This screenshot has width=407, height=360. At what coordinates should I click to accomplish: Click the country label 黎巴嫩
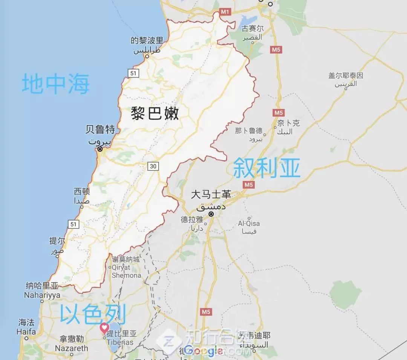click(x=155, y=113)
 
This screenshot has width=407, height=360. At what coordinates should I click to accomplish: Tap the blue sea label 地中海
click(x=56, y=84)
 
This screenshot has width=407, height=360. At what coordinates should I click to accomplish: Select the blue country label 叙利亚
click(x=267, y=168)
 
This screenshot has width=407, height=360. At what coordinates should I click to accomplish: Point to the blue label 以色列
click(x=93, y=315)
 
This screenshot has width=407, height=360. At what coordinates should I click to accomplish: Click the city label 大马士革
click(x=211, y=195)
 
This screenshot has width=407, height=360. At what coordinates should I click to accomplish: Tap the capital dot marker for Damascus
click(x=211, y=214)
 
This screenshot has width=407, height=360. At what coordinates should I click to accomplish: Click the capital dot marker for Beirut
click(x=100, y=149)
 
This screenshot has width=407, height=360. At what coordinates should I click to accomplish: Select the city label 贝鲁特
click(x=100, y=130)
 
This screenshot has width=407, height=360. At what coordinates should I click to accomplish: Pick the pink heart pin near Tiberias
click(x=104, y=328)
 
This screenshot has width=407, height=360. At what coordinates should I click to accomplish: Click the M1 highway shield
click(x=225, y=12)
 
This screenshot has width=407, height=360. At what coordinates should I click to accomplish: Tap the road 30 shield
click(x=153, y=166)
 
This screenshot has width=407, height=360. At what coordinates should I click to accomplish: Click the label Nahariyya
click(x=42, y=295)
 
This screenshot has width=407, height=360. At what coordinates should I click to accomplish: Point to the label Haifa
click(x=26, y=332)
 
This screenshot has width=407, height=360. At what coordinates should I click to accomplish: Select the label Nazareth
click(x=72, y=348)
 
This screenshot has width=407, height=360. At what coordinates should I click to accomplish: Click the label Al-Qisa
click(x=249, y=224)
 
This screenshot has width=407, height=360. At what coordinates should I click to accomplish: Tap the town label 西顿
click(x=82, y=191)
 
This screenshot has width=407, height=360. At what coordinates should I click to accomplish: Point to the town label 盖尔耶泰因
click(x=346, y=76)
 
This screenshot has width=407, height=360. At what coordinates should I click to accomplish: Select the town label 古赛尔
click(x=252, y=29)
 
